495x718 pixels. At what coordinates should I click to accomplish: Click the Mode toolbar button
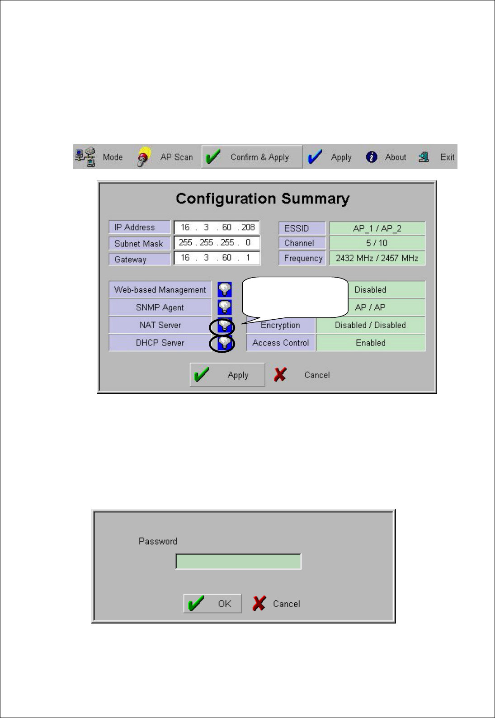click(99, 157)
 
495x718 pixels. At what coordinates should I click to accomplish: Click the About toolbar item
click(386, 157)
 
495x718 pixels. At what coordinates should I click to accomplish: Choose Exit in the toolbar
click(436, 157)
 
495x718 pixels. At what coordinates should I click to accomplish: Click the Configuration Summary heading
click(262, 199)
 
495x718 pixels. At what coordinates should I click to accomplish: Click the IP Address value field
click(217, 227)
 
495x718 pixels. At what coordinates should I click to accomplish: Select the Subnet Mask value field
click(217, 243)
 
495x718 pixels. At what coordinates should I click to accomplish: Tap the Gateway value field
click(217, 258)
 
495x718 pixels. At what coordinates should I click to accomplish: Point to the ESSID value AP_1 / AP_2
click(377, 228)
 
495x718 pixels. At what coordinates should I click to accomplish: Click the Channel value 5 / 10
click(377, 243)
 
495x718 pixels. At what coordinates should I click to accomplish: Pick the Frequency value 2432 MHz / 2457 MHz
click(377, 258)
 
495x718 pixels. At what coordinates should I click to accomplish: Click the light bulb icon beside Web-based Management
click(225, 289)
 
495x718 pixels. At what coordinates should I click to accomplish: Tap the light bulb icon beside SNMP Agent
click(225, 307)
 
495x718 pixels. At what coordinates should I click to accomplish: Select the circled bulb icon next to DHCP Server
click(223, 344)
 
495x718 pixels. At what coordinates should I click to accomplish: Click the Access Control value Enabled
click(371, 343)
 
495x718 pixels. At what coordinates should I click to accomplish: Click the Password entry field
click(238, 562)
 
